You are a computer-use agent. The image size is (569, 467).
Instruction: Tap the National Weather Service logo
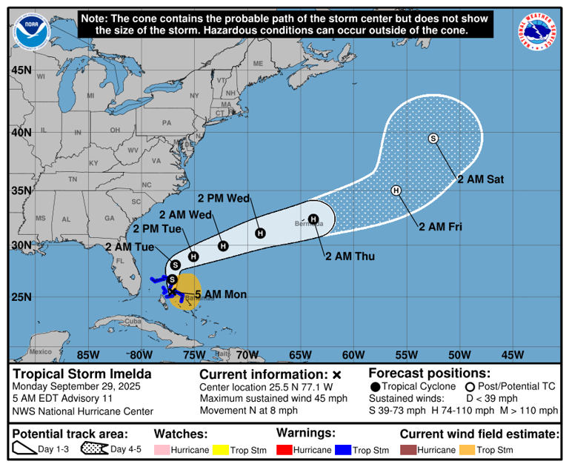point(538,31)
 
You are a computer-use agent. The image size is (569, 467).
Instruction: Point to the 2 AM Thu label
point(350,256)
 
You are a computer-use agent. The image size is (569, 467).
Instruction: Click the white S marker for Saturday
point(433,139)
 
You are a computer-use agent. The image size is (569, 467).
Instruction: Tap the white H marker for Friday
point(396,191)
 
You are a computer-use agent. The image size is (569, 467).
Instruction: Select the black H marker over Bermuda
point(313,219)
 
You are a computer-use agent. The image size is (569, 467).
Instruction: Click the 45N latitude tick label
point(21,70)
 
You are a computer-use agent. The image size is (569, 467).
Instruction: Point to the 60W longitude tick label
point(353,353)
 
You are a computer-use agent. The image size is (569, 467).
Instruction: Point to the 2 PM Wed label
point(224,198)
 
